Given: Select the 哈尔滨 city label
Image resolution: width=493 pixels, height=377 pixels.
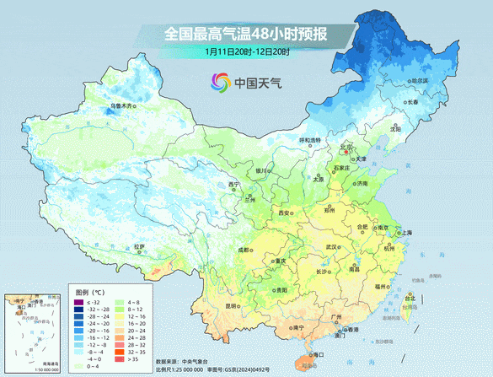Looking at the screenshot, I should pyautogui.click(x=419, y=81).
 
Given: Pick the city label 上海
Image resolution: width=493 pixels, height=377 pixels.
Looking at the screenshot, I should pyautogui.click(x=407, y=232).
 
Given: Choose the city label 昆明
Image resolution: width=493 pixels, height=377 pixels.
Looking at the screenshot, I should pyautogui.click(x=230, y=306).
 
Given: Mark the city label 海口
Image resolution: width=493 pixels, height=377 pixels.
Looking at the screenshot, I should pyautogui.click(x=318, y=356).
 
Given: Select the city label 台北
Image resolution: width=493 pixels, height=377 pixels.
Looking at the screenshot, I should pyautogui.click(x=410, y=298).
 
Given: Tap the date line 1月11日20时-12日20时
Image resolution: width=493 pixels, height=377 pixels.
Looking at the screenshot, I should pyautogui.click(x=246, y=51).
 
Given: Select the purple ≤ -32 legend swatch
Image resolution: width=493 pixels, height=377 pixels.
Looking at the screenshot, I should pyautogui.click(x=79, y=302).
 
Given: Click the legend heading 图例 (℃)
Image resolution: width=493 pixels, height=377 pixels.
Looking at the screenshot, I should pyautogui.click(x=85, y=292).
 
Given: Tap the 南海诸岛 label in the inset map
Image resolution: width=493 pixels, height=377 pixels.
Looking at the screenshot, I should pyautogui.click(x=49, y=364).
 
